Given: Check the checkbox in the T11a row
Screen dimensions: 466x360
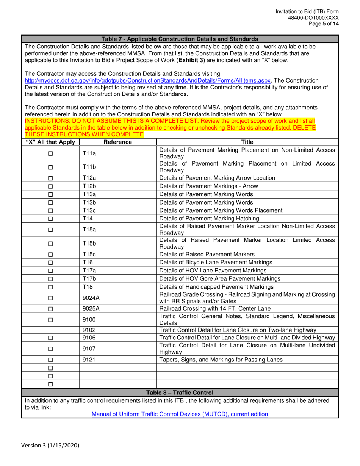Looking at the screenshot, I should click(x=50, y=153).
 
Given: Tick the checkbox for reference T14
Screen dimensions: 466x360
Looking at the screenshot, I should click(x=50, y=219).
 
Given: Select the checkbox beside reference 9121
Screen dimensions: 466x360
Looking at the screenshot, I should click(x=50, y=360).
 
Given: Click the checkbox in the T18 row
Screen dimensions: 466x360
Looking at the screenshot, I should click(x=50, y=287).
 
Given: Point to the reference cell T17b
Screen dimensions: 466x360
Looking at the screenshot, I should click(x=89, y=278).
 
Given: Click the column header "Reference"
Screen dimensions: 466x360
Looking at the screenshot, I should click(x=117, y=142).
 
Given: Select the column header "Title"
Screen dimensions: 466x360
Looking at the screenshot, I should click(x=247, y=142).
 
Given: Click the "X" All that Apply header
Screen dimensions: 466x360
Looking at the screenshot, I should click(x=50, y=142).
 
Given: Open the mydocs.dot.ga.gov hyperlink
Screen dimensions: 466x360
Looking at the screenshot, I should click(x=148, y=81).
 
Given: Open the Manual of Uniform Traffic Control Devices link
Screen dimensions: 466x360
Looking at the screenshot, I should click(x=180, y=414).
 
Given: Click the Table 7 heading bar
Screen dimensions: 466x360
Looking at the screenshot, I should click(x=180, y=39).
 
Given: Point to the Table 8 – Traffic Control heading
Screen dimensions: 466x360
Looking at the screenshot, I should click(x=180, y=393).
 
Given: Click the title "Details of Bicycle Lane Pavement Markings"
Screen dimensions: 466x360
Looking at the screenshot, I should click(x=216, y=262).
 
